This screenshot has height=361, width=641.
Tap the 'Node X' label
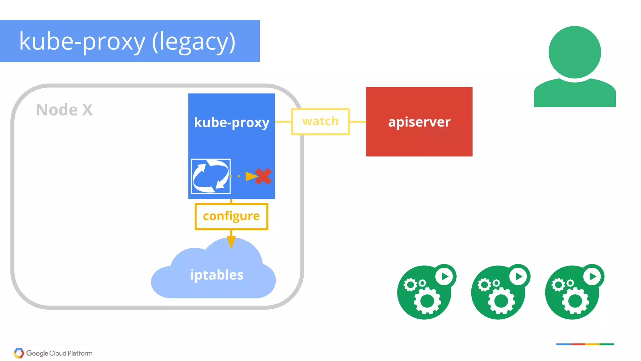(x=64, y=110)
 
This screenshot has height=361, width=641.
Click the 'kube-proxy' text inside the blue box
(x=231, y=122)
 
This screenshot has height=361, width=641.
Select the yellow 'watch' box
(x=320, y=121)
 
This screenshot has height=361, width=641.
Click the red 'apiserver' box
(x=419, y=122)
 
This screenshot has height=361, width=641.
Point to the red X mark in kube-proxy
(x=263, y=176)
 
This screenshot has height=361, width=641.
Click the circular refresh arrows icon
(x=211, y=176)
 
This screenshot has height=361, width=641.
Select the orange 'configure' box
(x=231, y=216)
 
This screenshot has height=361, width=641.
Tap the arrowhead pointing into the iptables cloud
(x=231, y=242)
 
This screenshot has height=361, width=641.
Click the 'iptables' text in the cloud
(x=217, y=275)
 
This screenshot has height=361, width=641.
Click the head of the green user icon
(x=575, y=52)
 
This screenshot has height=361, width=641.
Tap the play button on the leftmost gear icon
(x=444, y=276)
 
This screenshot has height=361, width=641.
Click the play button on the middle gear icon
(x=518, y=276)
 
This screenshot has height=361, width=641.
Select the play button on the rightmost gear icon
(x=592, y=276)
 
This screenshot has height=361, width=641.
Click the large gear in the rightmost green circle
(x=575, y=301)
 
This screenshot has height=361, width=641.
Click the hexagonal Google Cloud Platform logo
(x=19, y=353)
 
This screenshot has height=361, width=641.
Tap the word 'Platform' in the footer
(x=80, y=353)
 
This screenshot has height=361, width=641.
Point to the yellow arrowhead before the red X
(x=251, y=176)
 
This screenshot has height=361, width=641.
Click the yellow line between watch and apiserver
(x=358, y=121)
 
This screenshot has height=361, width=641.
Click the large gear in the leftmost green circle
(x=427, y=301)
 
